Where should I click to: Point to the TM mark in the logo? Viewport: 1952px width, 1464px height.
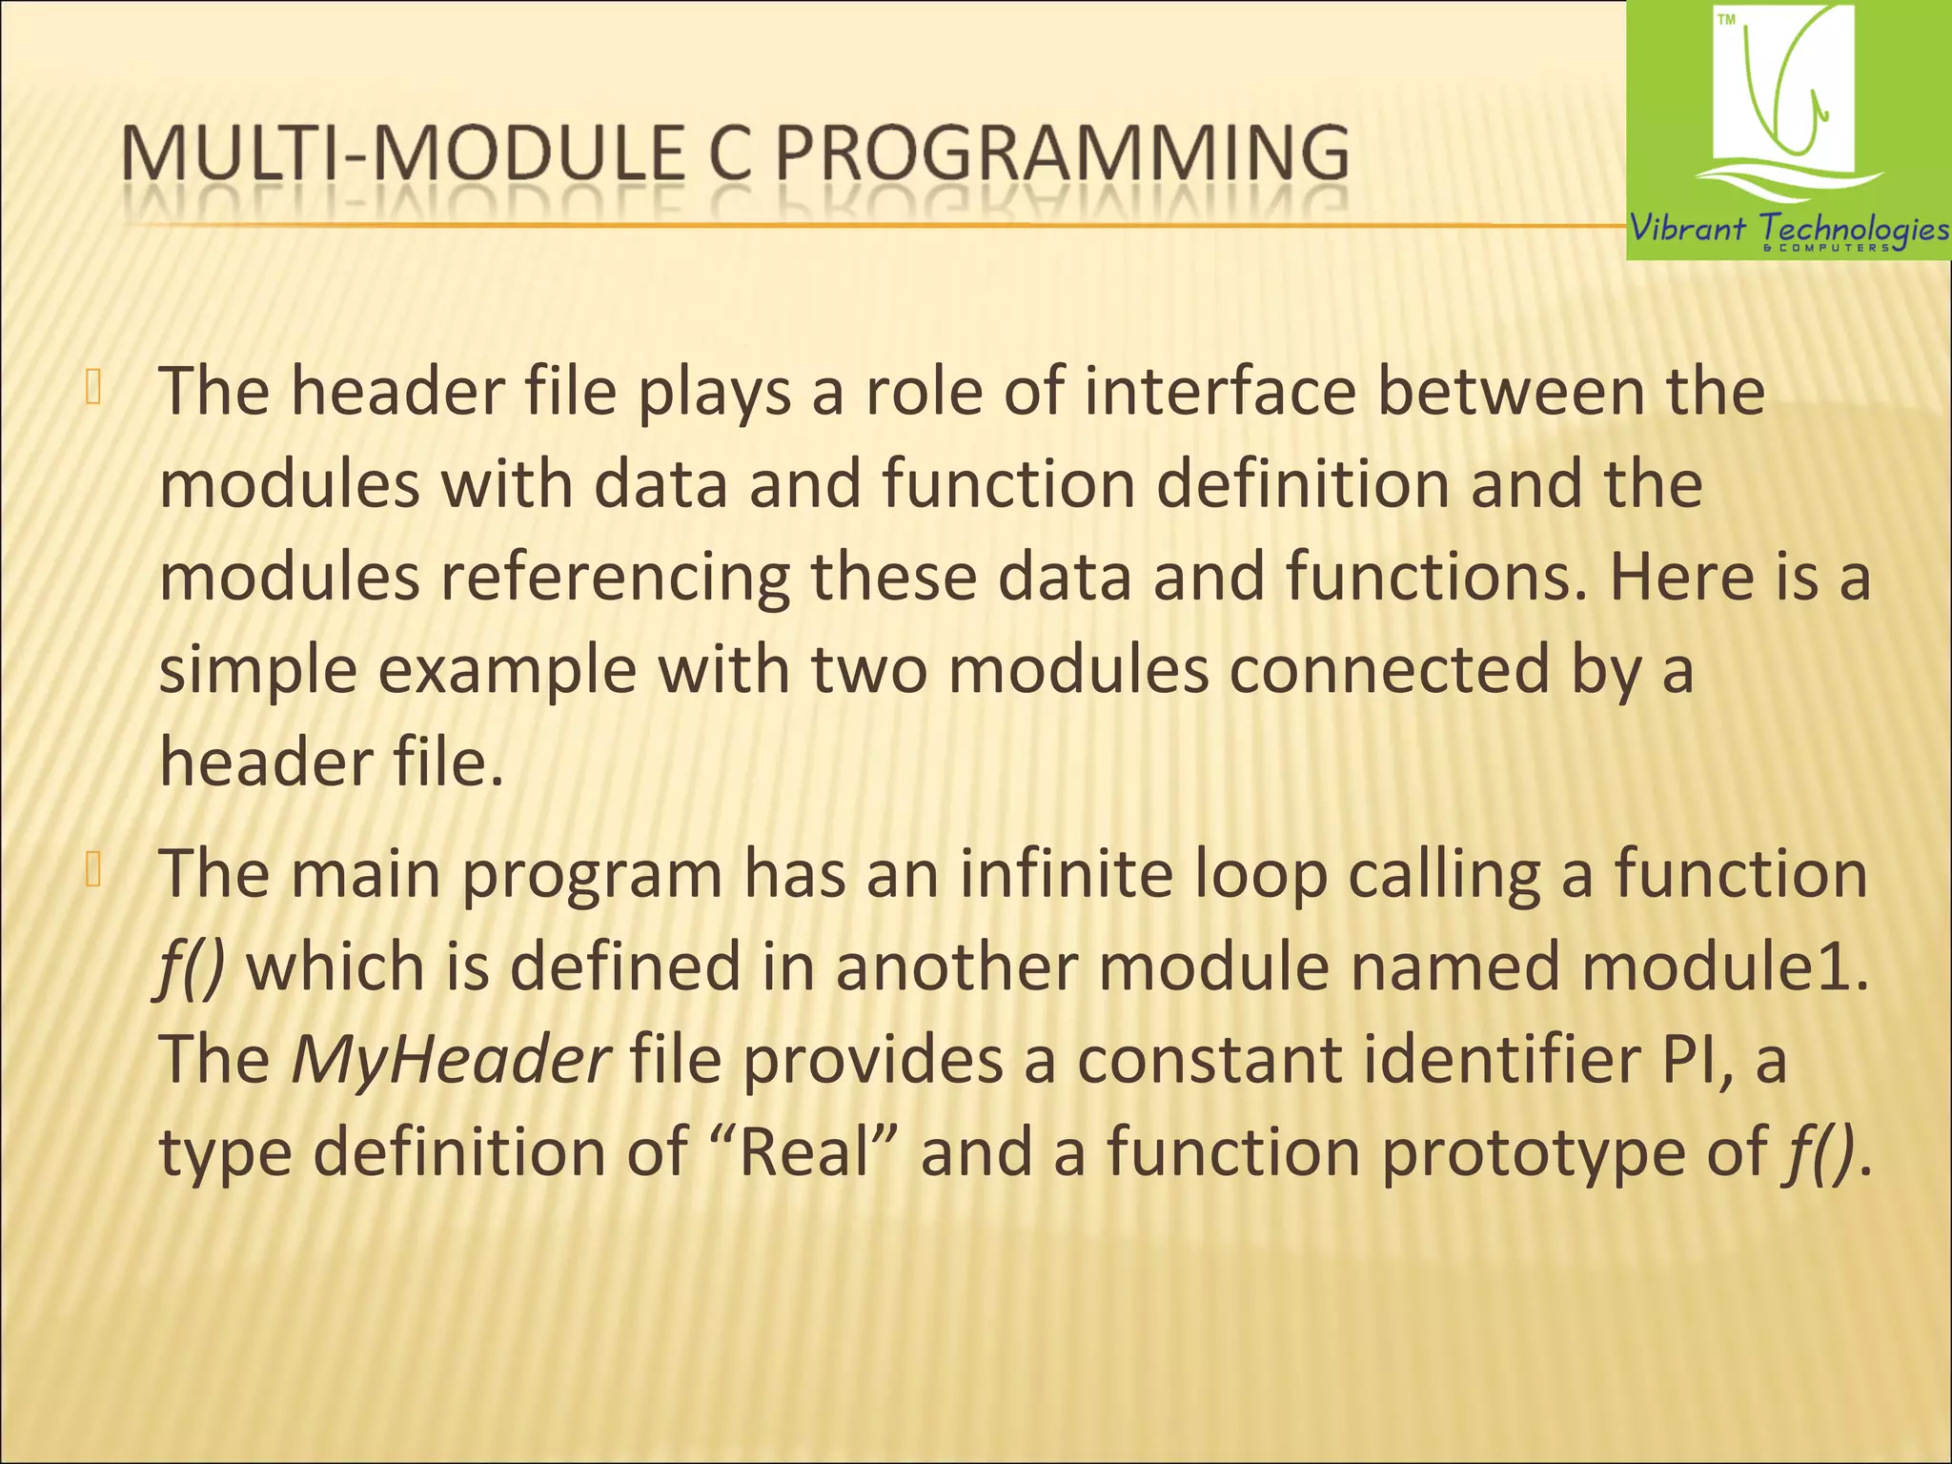(1726, 20)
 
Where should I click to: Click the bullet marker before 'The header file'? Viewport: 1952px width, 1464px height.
(92, 389)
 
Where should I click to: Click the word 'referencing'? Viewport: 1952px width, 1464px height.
(615, 578)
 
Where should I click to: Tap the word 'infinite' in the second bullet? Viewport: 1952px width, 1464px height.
(1066, 873)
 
